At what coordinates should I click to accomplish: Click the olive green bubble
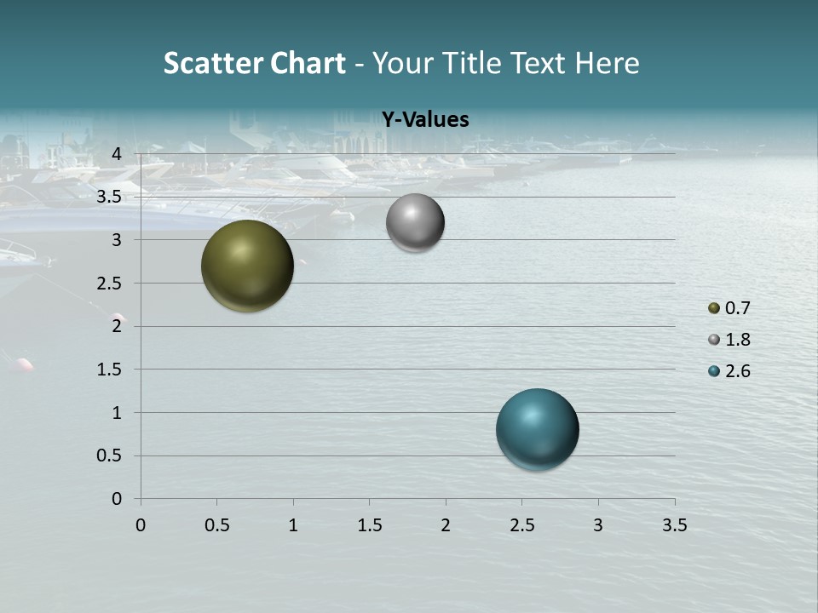point(247,266)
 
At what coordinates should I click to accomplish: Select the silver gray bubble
point(415,222)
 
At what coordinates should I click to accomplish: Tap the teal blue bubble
point(537,428)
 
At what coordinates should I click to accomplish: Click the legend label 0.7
point(737,308)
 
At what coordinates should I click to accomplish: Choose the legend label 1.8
point(737,340)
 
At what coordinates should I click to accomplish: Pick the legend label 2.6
point(737,371)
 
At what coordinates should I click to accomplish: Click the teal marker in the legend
point(714,371)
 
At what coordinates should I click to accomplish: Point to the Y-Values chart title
point(424,119)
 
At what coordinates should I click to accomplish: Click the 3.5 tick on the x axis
point(674,525)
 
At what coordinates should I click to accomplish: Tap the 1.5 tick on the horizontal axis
point(369,525)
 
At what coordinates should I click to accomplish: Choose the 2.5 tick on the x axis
point(521,525)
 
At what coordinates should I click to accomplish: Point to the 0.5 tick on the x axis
point(216,525)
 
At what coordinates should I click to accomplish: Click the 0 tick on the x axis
point(141,525)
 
